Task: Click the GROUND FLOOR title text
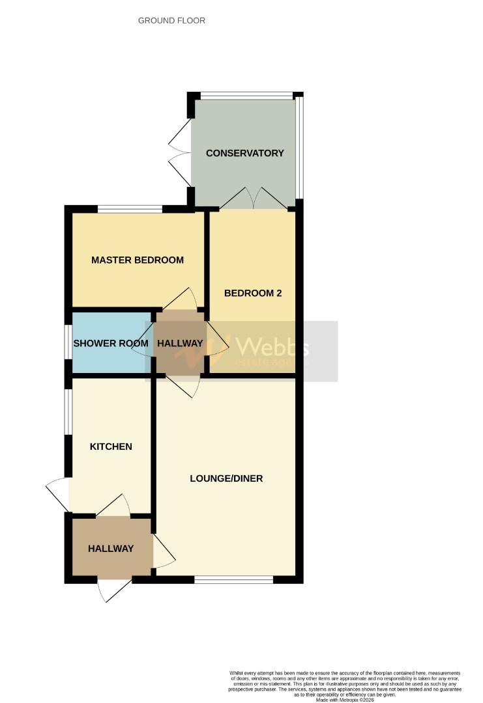click(x=171, y=21)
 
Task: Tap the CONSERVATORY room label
click(x=244, y=154)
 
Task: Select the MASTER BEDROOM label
click(x=137, y=260)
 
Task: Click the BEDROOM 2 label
click(x=253, y=293)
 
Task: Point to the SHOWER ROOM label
click(x=111, y=344)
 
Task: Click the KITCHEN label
click(x=111, y=447)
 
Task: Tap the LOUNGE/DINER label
click(x=226, y=478)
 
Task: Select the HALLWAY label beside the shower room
click(x=179, y=344)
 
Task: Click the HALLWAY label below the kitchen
click(x=111, y=549)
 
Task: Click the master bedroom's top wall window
click(x=130, y=209)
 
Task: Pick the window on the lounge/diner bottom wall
click(x=233, y=579)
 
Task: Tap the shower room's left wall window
click(x=68, y=342)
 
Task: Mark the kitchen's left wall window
click(x=68, y=411)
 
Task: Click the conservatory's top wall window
click(x=246, y=96)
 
